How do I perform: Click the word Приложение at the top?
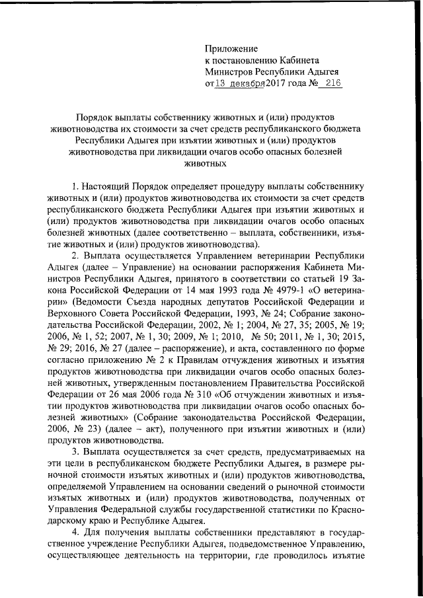[232, 47]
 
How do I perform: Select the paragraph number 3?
[75, 451]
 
